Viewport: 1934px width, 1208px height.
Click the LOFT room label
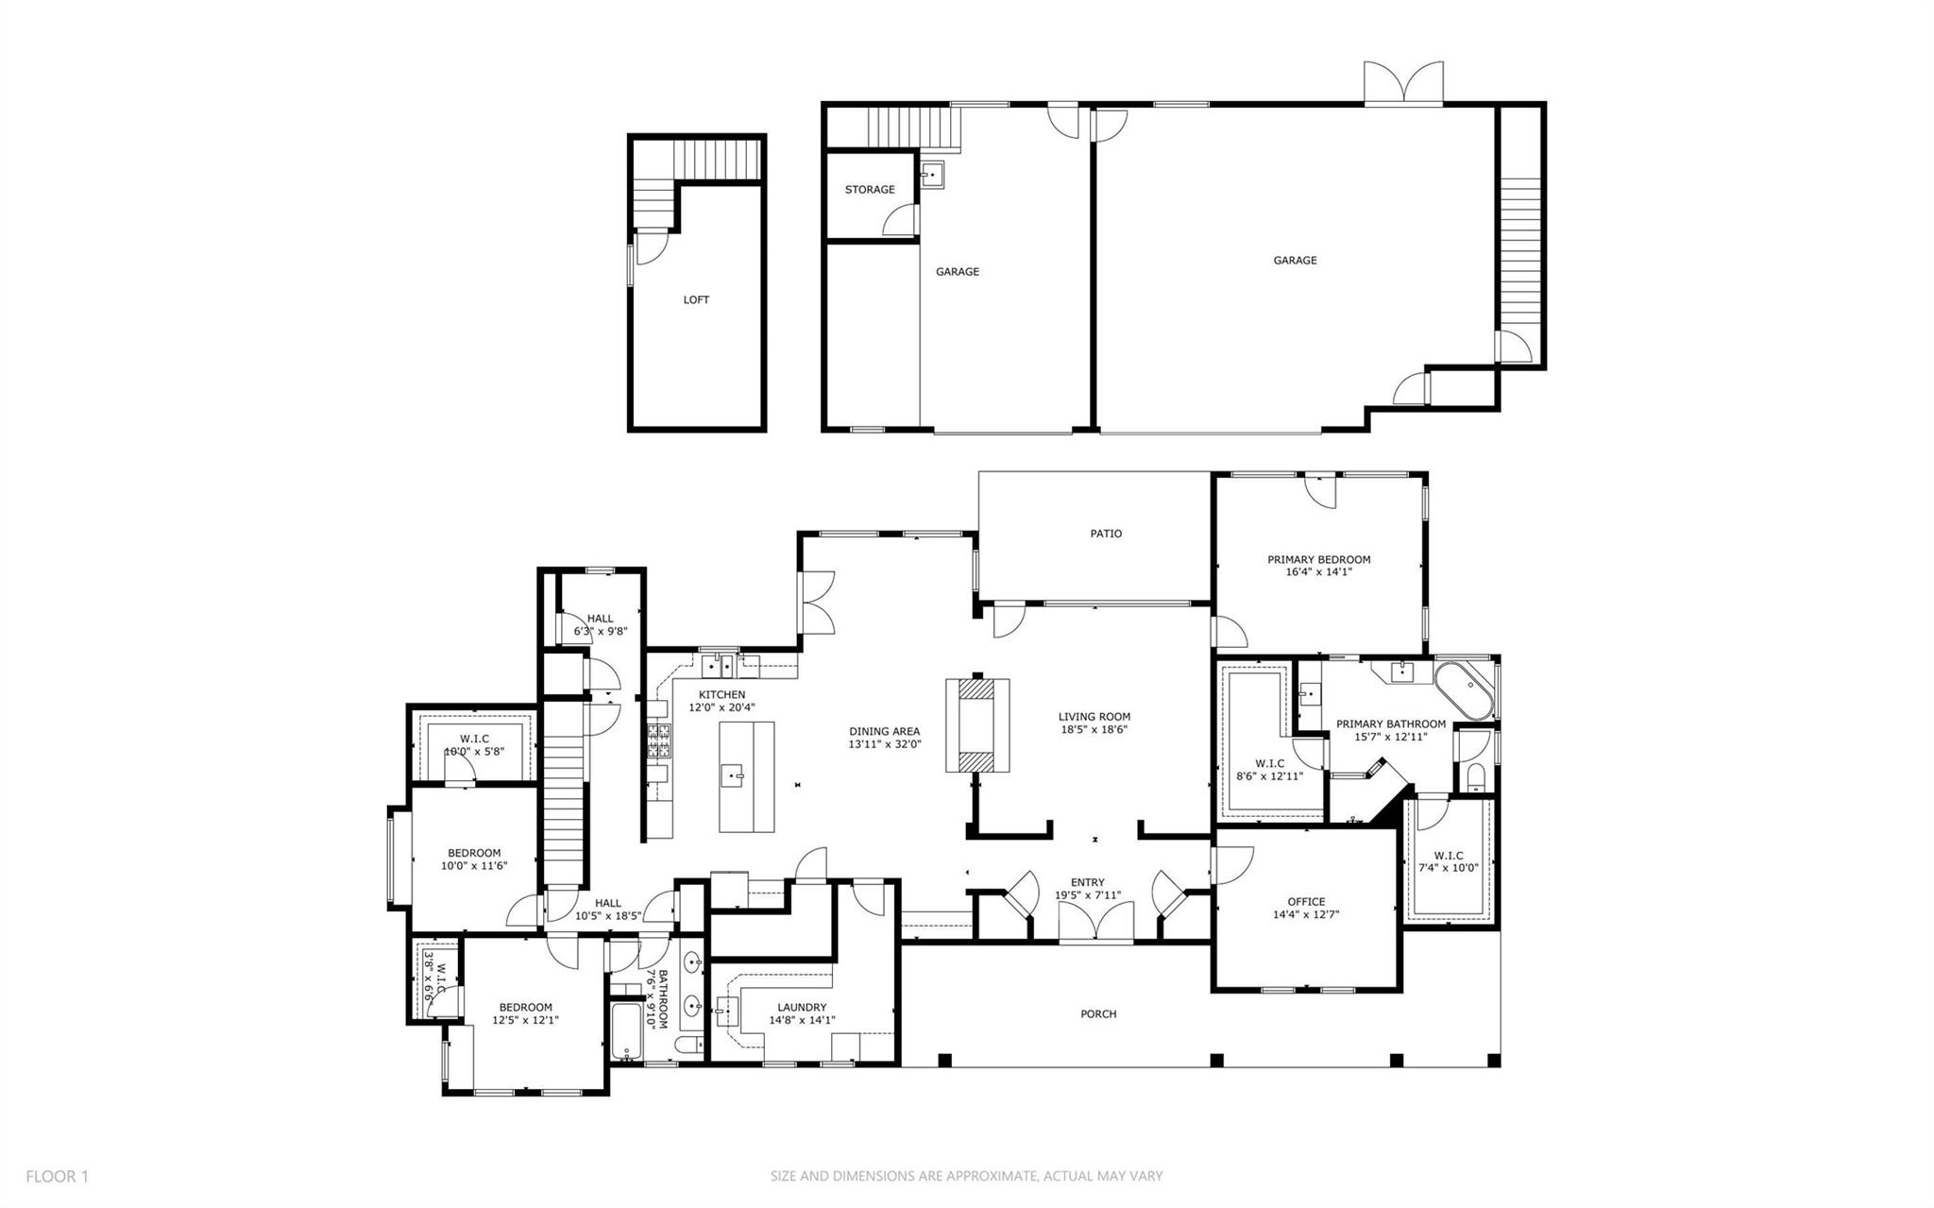point(696,299)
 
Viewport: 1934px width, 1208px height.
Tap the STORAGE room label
point(869,190)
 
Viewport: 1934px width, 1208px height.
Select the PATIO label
point(1106,534)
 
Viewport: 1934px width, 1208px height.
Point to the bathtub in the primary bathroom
point(1465,691)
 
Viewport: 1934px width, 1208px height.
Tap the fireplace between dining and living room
point(976,726)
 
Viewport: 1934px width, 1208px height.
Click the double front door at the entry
point(1094,922)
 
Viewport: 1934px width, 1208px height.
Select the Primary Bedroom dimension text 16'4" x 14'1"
point(1318,571)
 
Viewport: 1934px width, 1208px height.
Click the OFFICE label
point(1306,901)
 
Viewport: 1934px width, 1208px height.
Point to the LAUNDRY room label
point(802,1007)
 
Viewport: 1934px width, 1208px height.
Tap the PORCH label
point(1097,1014)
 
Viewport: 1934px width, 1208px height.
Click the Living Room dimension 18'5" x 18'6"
point(1094,729)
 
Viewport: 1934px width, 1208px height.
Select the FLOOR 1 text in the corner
point(57,1176)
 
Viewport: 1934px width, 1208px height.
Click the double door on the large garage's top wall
point(1403,82)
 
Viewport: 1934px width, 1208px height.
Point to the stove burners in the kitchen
point(659,741)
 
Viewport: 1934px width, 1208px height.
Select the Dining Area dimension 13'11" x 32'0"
point(884,744)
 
